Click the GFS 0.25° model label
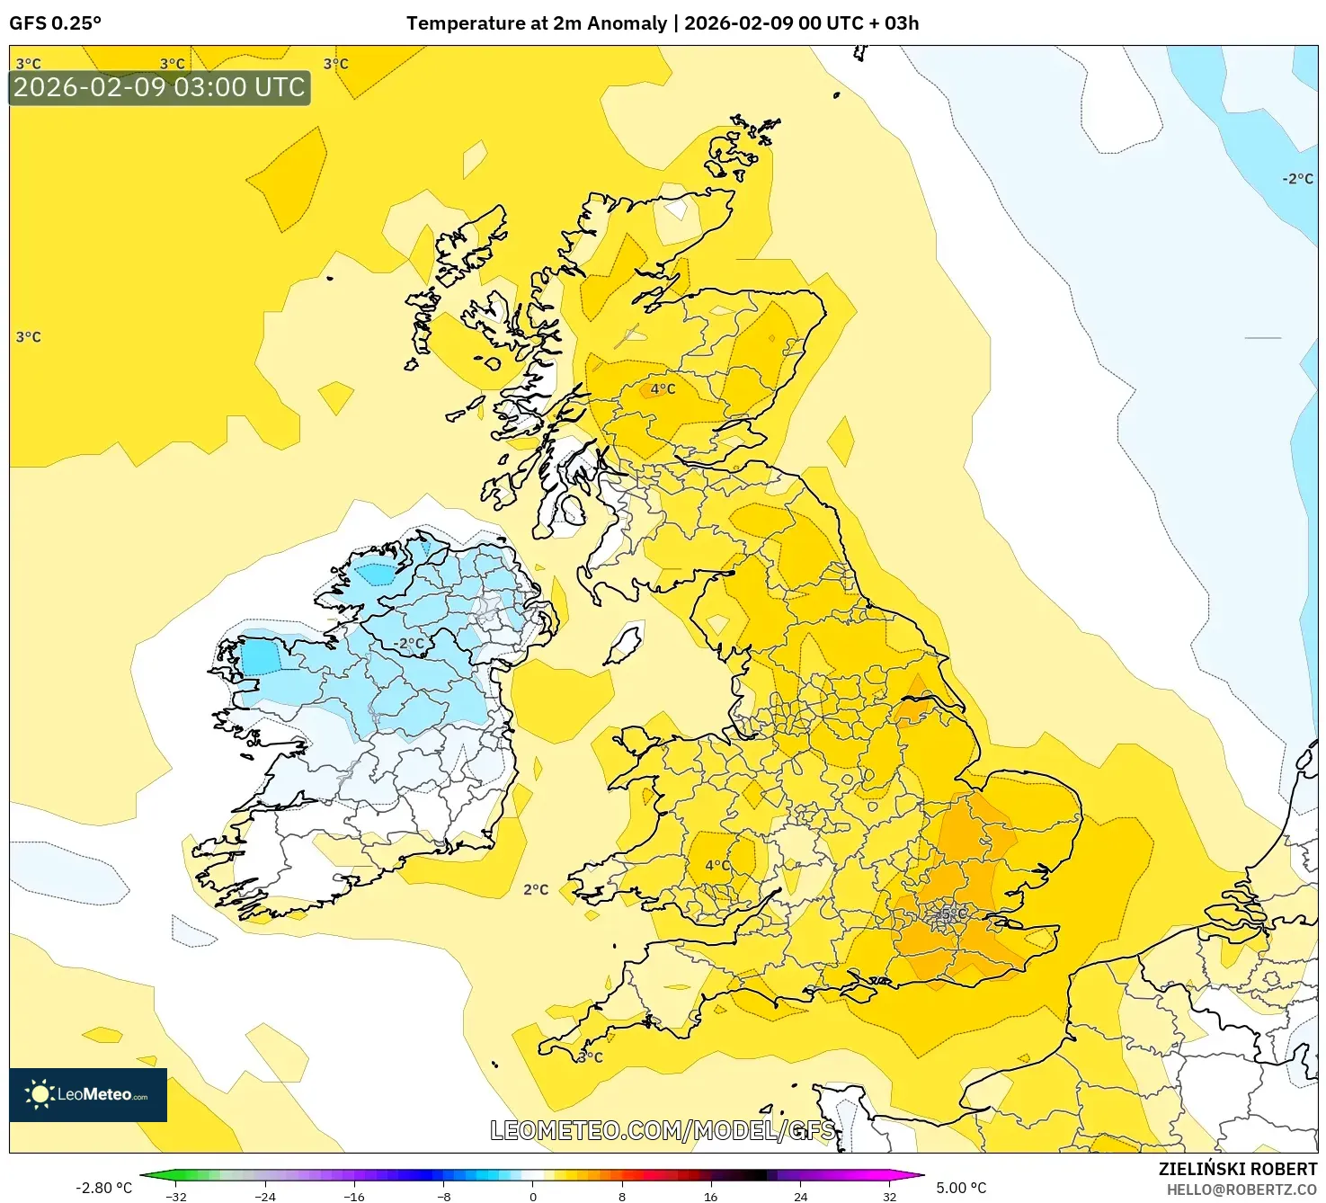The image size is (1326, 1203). [55, 23]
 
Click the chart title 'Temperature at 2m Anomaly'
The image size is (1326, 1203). [537, 23]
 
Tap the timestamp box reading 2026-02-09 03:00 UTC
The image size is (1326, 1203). [159, 87]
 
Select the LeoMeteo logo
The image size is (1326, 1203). [88, 1094]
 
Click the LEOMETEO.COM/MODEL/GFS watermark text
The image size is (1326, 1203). [663, 1130]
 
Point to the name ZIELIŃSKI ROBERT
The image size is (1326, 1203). [1237, 1169]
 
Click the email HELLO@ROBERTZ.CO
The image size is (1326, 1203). [1241, 1190]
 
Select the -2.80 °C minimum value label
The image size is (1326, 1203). [103, 1188]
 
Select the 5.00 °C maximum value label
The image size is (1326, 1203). [961, 1188]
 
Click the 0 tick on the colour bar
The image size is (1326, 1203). [533, 1196]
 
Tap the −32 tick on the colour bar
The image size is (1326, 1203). [176, 1196]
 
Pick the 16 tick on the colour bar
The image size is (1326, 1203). [710, 1196]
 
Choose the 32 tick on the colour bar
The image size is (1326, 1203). [889, 1196]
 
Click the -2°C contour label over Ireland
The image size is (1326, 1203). [409, 644]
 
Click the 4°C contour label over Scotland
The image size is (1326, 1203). [663, 389]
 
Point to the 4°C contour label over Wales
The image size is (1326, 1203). [717, 865]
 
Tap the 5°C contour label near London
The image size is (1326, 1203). [953, 914]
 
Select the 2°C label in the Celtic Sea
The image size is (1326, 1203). [536, 889]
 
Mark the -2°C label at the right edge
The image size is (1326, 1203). [1297, 179]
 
